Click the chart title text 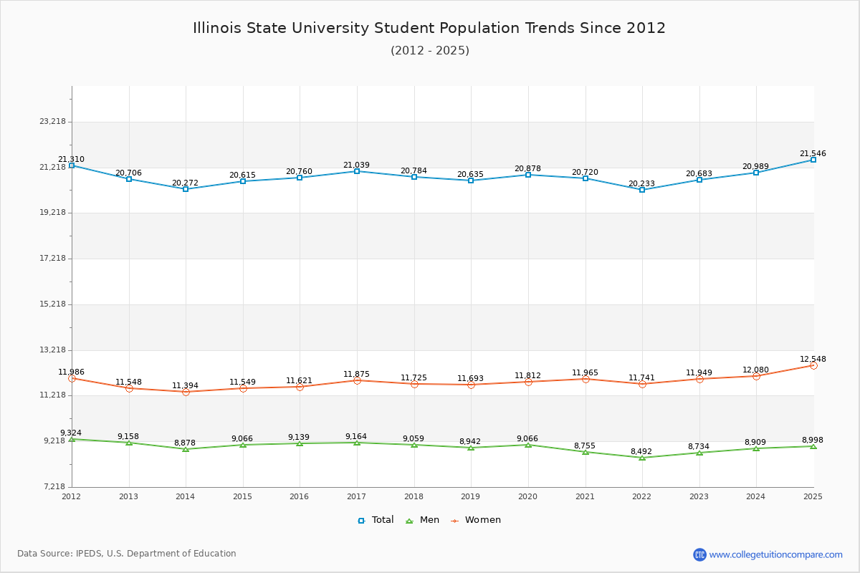[429, 28]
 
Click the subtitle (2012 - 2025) [430, 51]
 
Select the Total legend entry [376, 520]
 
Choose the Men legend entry [423, 520]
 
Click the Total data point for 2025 [813, 160]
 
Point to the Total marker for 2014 [186, 189]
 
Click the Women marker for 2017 [357, 380]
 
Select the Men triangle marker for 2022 [642, 457]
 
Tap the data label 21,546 [813, 153]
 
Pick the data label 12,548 [813, 359]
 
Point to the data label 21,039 [356, 165]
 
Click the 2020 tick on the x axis [527, 496]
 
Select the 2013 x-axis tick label [129, 496]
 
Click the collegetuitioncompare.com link [775, 554]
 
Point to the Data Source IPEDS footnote [127, 554]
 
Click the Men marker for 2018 [414, 445]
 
